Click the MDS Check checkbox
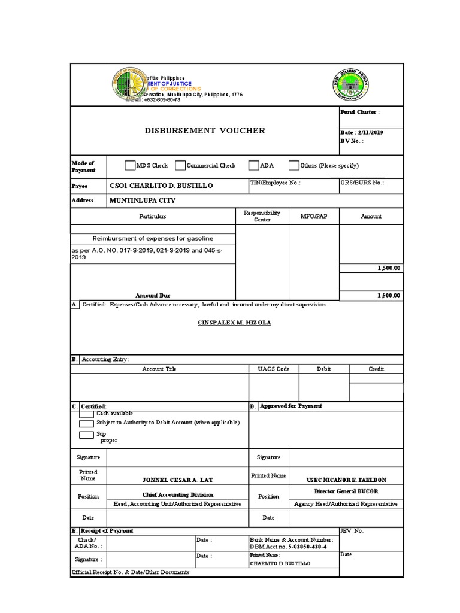click(130, 166)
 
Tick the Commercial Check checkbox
click(180, 166)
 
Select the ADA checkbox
click(253, 166)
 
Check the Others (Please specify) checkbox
click(293, 166)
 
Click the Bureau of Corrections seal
click(128, 83)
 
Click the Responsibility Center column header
click(262, 216)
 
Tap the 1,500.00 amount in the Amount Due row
click(388, 295)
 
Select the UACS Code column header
click(273, 369)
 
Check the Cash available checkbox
click(86, 414)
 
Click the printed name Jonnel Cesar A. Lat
click(177, 480)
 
